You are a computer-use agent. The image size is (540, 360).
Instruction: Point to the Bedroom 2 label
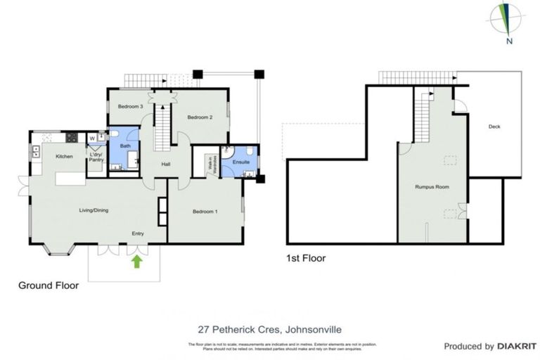(200, 118)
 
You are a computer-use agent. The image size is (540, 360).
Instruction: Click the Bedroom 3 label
(131, 106)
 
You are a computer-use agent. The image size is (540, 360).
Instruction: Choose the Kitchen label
(65, 156)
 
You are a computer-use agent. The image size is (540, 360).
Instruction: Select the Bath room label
(125, 146)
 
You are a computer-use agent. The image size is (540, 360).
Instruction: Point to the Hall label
(166, 165)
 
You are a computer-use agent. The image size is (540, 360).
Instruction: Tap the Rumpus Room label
(432, 187)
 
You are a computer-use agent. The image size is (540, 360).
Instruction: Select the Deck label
(494, 127)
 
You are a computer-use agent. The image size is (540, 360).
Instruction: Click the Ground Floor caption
(48, 286)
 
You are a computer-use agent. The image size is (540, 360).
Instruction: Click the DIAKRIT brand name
(517, 346)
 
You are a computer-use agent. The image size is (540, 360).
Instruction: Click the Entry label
(138, 233)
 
